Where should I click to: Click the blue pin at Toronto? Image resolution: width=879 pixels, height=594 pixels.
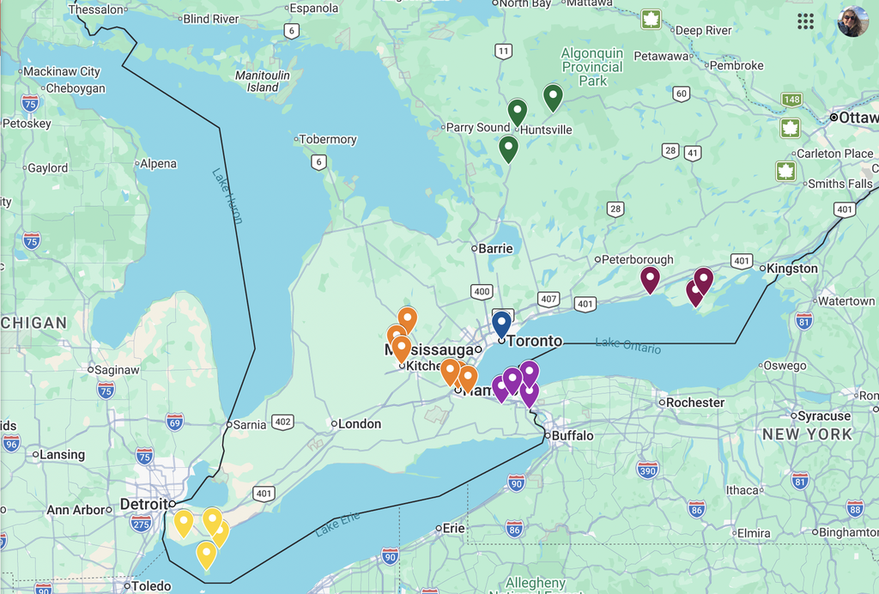pos(501,324)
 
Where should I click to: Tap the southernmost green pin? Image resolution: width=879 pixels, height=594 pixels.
pos(508,148)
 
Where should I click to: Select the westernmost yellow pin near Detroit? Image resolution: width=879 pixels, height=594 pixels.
pos(184,522)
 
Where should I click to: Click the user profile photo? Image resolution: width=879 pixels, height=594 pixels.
pos(852,21)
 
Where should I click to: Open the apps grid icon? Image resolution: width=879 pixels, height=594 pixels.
pos(805,21)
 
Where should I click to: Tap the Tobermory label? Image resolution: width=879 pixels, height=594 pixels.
pos(327,139)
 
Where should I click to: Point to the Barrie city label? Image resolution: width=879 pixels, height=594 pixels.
pos(495,249)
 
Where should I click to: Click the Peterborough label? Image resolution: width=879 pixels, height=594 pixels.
pos(637,259)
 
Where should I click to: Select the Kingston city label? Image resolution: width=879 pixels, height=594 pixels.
pos(791,269)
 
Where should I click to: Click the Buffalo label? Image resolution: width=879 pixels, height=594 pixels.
pos(572,436)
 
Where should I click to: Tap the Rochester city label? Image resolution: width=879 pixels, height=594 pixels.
pos(694,403)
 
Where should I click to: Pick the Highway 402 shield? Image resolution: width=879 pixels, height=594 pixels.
pos(282,422)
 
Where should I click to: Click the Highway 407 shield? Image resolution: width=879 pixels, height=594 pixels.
pos(549,299)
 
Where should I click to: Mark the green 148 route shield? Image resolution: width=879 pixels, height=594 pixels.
pos(791,100)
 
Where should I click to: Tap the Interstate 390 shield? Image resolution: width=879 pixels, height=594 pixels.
pos(647,470)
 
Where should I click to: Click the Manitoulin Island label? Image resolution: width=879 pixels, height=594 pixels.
pos(263,82)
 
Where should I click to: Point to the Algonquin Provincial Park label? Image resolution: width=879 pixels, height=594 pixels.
pos(592,67)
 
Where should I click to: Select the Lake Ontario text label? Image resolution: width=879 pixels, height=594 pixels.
pos(628,345)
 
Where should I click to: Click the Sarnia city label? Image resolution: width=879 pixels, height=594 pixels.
pos(250,424)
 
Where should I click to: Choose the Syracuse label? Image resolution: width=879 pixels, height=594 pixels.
pos(823,416)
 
